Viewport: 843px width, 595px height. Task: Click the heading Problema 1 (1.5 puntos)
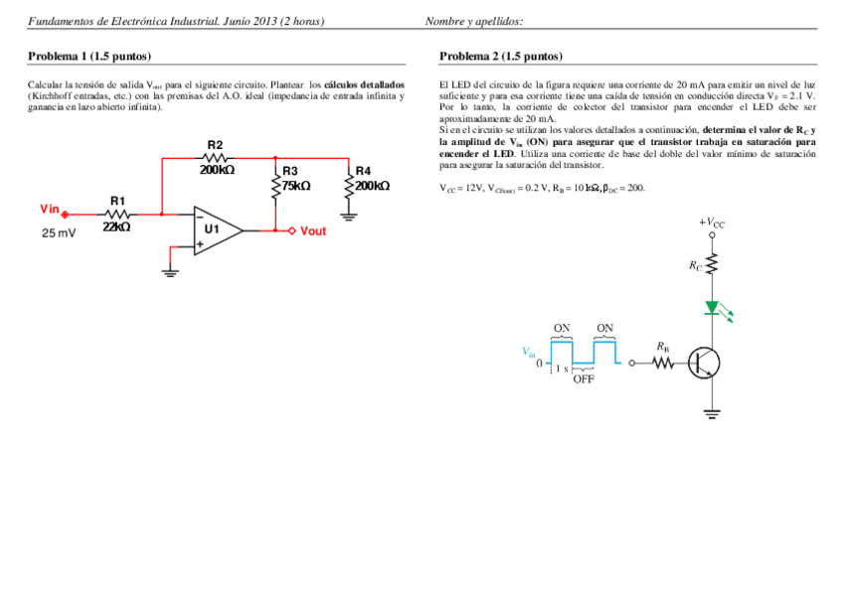89,57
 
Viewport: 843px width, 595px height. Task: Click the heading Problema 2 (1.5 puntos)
501,57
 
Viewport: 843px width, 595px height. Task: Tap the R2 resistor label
215,145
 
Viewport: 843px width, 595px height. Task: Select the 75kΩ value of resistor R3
295,186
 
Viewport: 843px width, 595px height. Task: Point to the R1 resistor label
118,201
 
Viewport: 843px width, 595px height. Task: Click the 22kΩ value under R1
117,226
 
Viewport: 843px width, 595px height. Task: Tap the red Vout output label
313,231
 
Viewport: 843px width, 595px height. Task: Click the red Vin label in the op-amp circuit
50,209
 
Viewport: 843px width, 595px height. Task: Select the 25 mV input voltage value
58,233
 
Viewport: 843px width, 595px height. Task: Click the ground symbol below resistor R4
349,212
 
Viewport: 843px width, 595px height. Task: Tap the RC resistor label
695,266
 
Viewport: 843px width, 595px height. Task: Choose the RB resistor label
663,347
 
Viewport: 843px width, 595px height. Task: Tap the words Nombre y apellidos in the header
474,22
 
